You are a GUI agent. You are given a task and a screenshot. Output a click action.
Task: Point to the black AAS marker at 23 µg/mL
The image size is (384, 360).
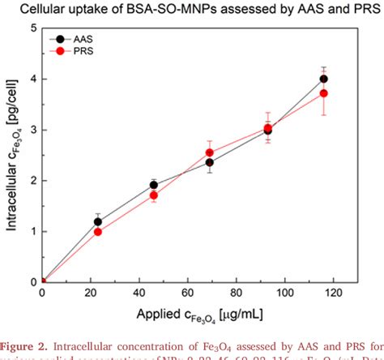point(98,221)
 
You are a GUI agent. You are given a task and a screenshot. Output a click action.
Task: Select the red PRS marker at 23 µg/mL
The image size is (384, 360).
point(98,231)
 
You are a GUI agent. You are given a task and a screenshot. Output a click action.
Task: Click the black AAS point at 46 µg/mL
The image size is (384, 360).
point(154,185)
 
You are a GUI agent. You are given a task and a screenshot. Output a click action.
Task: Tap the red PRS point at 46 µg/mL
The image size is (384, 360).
point(154,195)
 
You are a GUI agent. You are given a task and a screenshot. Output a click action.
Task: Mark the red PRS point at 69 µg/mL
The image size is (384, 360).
point(210,152)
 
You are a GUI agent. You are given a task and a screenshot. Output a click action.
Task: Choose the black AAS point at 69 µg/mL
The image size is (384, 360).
point(210,162)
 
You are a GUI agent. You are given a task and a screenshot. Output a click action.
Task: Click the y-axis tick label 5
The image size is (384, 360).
point(32,28)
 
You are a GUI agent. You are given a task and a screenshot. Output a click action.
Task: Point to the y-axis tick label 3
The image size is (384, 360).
point(32,130)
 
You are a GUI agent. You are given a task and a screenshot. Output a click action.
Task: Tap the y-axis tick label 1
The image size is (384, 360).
point(32,232)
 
